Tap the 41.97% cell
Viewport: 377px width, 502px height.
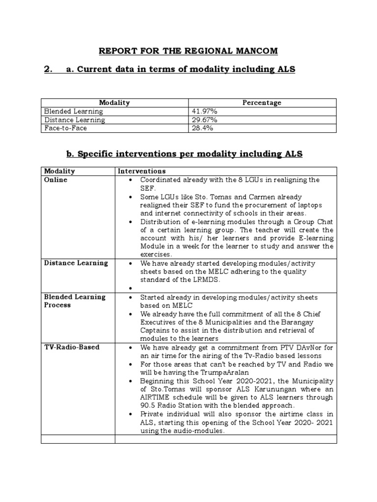[x=205, y=111]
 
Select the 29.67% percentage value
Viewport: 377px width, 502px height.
[x=205, y=120]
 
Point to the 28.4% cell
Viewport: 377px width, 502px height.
[x=202, y=128]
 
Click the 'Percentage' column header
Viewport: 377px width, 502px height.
[x=262, y=103]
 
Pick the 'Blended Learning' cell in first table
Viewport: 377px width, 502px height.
[x=74, y=111]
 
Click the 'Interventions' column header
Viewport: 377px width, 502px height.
[x=141, y=171]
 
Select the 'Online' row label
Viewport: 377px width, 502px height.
[x=55, y=180]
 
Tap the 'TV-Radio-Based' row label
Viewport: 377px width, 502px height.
[x=72, y=347]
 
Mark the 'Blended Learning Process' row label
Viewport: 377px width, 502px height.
[x=75, y=301]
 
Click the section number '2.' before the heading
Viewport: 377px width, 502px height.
[x=48, y=69]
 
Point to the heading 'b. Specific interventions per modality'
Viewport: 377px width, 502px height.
[x=185, y=154]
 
